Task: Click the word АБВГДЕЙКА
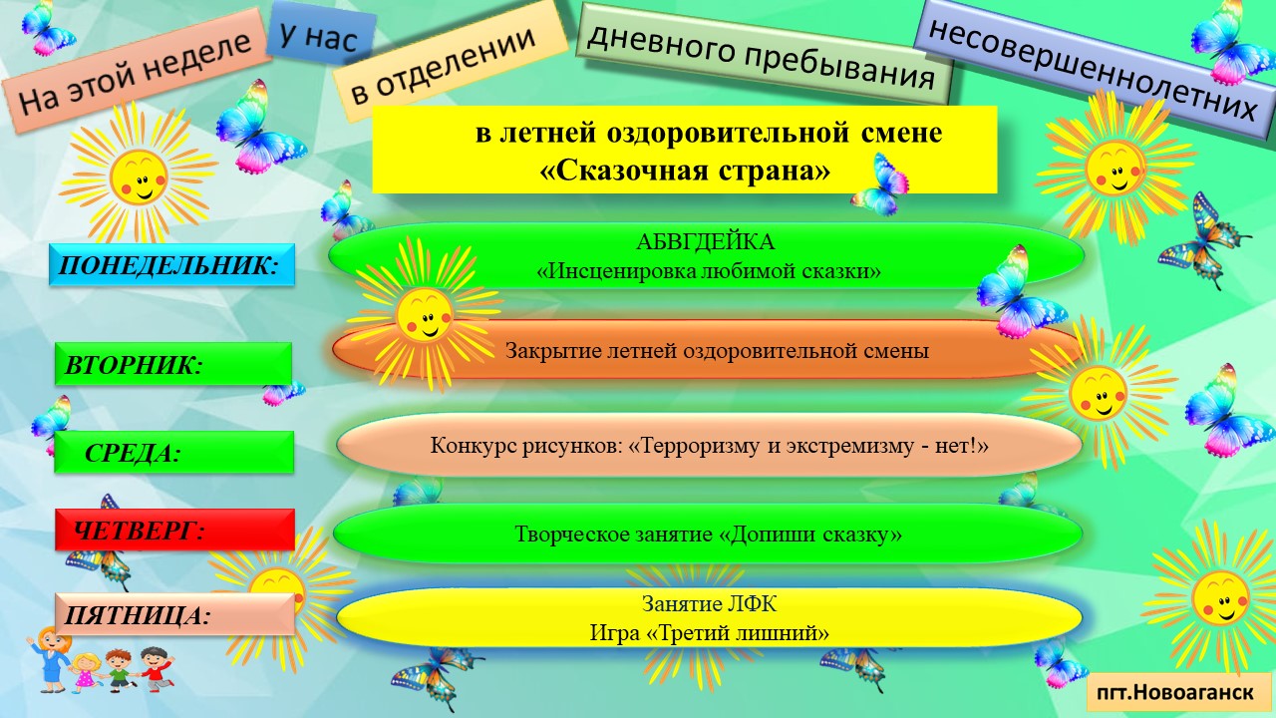pyautogui.click(x=705, y=242)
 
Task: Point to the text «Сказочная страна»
pyautogui.click(x=685, y=171)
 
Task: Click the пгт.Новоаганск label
pyautogui.click(x=1178, y=692)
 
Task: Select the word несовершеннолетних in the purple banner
pyautogui.click(x=1093, y=70)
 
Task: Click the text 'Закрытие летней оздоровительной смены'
pyautogui.click(x=717, y=350)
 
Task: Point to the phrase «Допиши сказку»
pyautogui.click(x=810, y=534)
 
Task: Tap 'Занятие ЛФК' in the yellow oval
pyautogui.click(x=709, y=604)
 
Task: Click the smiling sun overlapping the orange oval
pyautogui.click(x=424, y=314)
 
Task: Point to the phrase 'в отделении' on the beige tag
pyautogui.click(x=444, y=64)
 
